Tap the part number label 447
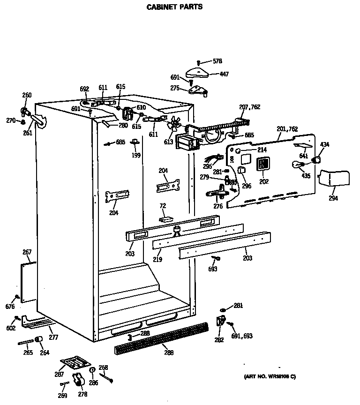pos(224,74)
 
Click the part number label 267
pos(27,253)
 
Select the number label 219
pos(157,259)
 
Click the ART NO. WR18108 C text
pos(270,376)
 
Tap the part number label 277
pos(54,337)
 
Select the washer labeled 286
pos(92,370)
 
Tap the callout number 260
pos(27,95)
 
